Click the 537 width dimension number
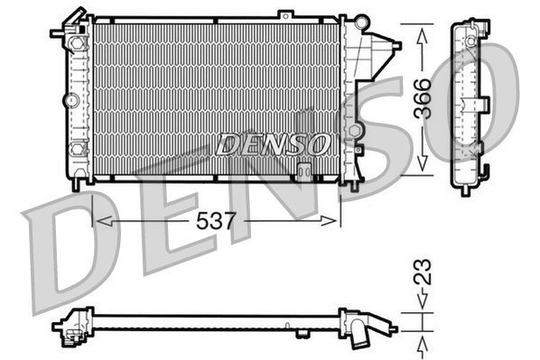coord(216,220)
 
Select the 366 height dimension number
coord(423,99)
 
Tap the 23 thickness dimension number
coord(423,272)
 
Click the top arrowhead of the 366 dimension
coord(422,33)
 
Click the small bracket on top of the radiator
coord(285,14)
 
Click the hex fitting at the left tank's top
coord(70,96)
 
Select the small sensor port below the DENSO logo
coord(304,168)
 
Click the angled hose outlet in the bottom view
coord(364,335)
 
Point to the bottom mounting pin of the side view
coord(465,189)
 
